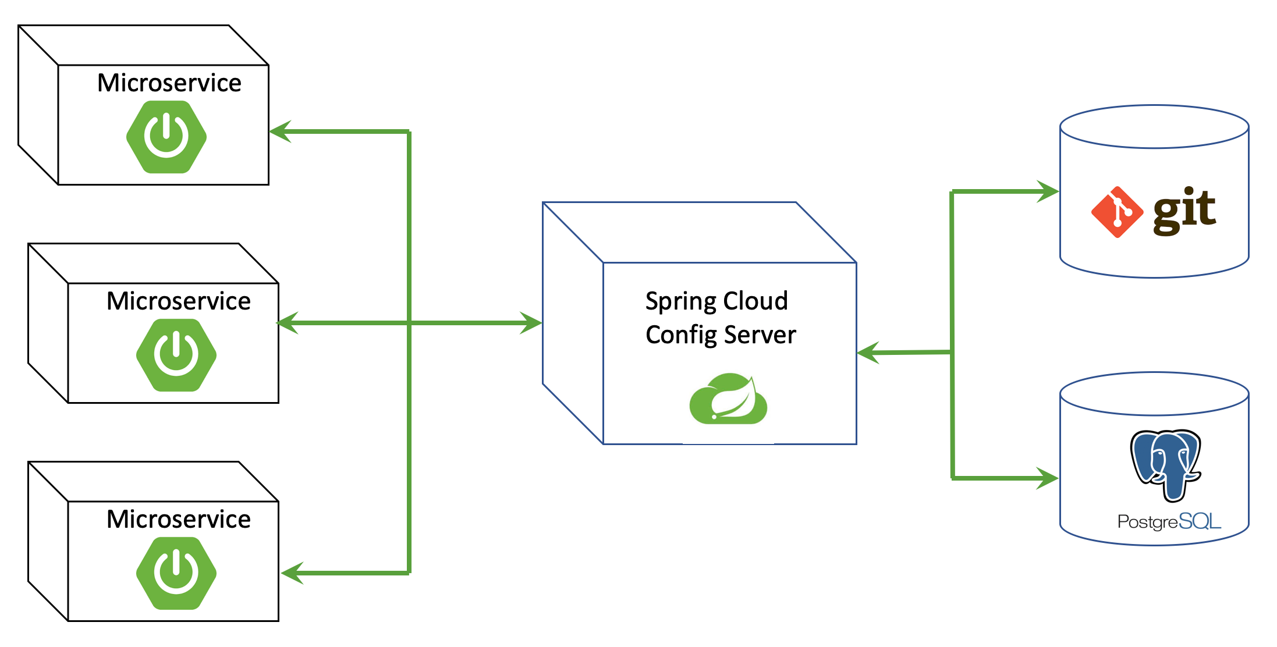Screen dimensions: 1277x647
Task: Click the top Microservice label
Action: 169,83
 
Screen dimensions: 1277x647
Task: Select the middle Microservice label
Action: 179,301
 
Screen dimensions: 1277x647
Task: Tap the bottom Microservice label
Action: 179,519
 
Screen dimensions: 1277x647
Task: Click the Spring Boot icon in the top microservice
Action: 166,137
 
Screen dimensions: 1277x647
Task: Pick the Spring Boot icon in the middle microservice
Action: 176,355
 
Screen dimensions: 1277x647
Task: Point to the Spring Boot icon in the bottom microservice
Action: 176,573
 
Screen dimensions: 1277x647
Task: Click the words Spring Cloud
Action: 716,301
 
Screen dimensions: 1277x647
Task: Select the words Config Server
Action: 721,335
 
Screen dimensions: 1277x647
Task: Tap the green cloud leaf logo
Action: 728,399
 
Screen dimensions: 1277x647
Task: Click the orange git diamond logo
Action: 1117,212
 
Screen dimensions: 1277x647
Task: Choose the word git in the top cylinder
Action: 1184,211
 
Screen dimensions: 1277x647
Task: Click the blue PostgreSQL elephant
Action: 1166,464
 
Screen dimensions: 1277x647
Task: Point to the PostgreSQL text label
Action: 1169,521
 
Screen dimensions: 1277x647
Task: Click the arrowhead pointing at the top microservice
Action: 280,131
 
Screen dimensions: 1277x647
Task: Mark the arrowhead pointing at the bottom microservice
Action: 292,573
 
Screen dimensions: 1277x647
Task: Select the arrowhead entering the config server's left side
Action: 531,322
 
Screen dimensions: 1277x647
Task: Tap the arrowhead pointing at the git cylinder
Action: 1048,191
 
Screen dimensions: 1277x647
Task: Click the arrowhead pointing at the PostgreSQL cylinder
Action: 1047,478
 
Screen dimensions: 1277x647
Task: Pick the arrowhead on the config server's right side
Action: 868,353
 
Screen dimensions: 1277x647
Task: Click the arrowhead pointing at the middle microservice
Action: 288,322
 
